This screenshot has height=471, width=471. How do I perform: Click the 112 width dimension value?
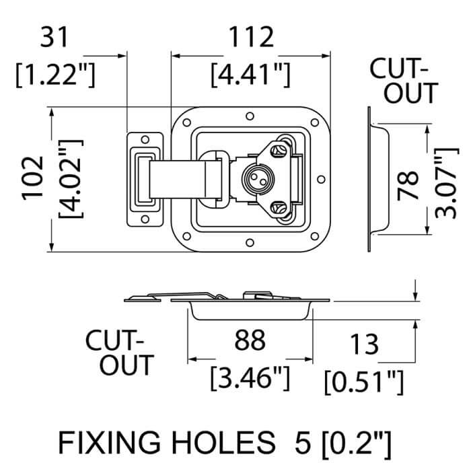[x=250, y=38]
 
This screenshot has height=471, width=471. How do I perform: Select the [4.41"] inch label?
[x=250, y=73]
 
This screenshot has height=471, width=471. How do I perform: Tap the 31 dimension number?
[x=55, y=38]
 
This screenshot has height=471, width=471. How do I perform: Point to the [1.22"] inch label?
[x=55, y=73]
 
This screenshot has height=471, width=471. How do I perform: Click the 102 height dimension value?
[x=32, y=178]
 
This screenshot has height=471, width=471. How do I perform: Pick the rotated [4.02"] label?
[x=69, y=178]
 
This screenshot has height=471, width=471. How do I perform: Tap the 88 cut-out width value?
[x=250, y=341]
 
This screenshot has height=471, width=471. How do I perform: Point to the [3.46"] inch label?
[x=250, y=379]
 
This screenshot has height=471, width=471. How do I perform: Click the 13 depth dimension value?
[x=364, y=345]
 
